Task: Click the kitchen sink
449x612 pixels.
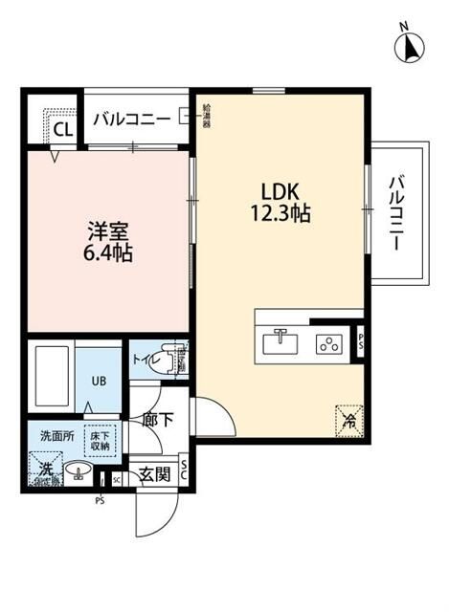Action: [x=280, y=341]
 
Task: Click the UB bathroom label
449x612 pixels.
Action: [x=99, y=380]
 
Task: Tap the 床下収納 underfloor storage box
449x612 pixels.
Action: [x=100, y=440]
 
